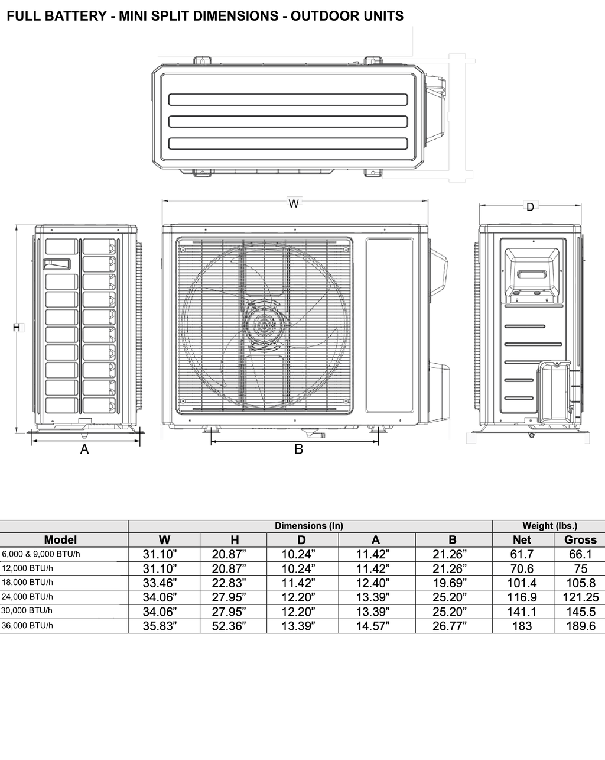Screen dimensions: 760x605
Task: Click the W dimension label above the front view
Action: coord(294,203)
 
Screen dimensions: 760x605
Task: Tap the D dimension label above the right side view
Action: coord(530,207)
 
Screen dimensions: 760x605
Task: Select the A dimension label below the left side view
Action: coord(84,449)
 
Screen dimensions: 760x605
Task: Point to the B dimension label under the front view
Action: coord(298,449)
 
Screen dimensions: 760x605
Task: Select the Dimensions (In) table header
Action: coord(309,526)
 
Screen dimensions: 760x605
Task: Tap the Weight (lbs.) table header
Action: coord(549,526)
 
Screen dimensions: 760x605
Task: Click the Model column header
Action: coord(60,539)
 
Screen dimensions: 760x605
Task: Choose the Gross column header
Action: coord(580,539)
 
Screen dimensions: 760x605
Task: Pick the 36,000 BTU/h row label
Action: coord(27,625)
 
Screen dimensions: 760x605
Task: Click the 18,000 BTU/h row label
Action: coord(27,582)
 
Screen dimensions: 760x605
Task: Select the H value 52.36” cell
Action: coord(229,626)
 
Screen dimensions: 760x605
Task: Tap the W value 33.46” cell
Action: coord(160,583)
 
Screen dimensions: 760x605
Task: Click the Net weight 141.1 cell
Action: coord(522,612)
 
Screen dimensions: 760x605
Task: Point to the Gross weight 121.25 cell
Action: coord(580,597)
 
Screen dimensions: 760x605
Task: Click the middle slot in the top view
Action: coord(288,121)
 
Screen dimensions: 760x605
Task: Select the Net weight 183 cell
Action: coord(522,626)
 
